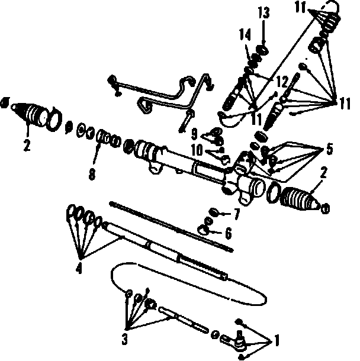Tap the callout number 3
point(125,339)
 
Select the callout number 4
point(78,269)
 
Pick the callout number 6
point(228,231)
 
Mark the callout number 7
point(236,212)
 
